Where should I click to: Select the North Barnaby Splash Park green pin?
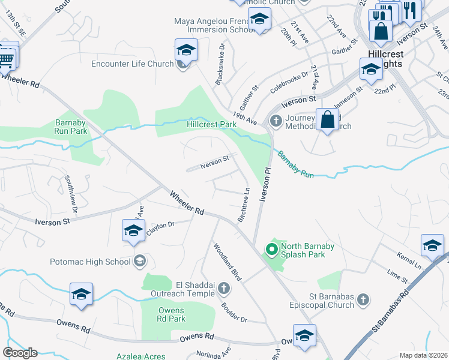(x=271, y=247)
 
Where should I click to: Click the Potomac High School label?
(x=92, y=262)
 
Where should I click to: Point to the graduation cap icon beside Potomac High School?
(x=140, y=261)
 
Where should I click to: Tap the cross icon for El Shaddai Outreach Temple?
(x=223, y=289)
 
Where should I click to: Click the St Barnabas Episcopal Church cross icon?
(x=363, y=299)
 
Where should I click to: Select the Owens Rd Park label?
(x=171, y=314)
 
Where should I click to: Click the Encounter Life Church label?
(x=132, y=64)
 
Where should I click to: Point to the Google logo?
(x=20, y=353)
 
